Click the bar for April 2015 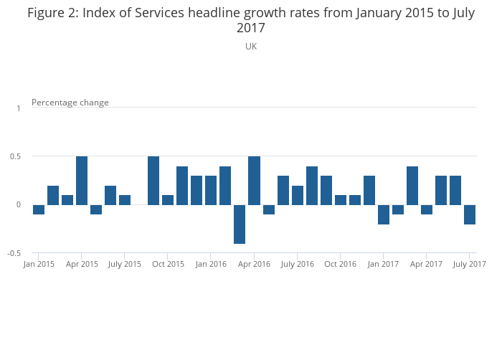pyautogui.click(x=82, y=180)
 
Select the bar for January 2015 pyautogui.click(x=39, y=209)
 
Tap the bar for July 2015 pyautogui.click(x=125, y=199)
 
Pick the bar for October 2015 pyautogui.click(x=168, y=199)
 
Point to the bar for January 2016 pyautogui.click(x=211, y=190)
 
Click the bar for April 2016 pyautogui.click(x=254, y=180)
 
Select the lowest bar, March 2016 pyautogui.click(x=240, y=224)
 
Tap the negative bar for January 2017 pyautogui.click(x=384, y=214)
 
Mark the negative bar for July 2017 pyautogui.click(x=470, y=214)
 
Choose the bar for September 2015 pyautogui.click(x=153, y=180)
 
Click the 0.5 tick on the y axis pyautogui.click(x=18, y=156)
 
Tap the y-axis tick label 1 pyautogui.click(x=19, y=108)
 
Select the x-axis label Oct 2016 pyautogui.click(x=340, y=264)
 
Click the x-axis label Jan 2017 pyautogui.click(x=384, y=264)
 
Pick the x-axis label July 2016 pyautogui.click(x=297, y=264)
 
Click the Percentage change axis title pyautogui.click(x=70, y=103)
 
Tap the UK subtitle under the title pyautogui.click(x=251, y=46)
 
